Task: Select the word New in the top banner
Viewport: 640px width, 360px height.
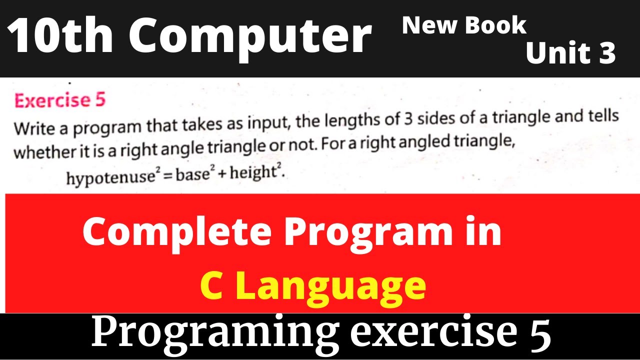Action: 424,25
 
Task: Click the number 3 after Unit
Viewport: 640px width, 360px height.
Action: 606,53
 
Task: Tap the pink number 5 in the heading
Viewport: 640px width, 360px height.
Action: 99,100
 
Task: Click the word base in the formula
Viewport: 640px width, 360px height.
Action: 189,176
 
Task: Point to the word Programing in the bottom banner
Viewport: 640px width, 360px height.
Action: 209,333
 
